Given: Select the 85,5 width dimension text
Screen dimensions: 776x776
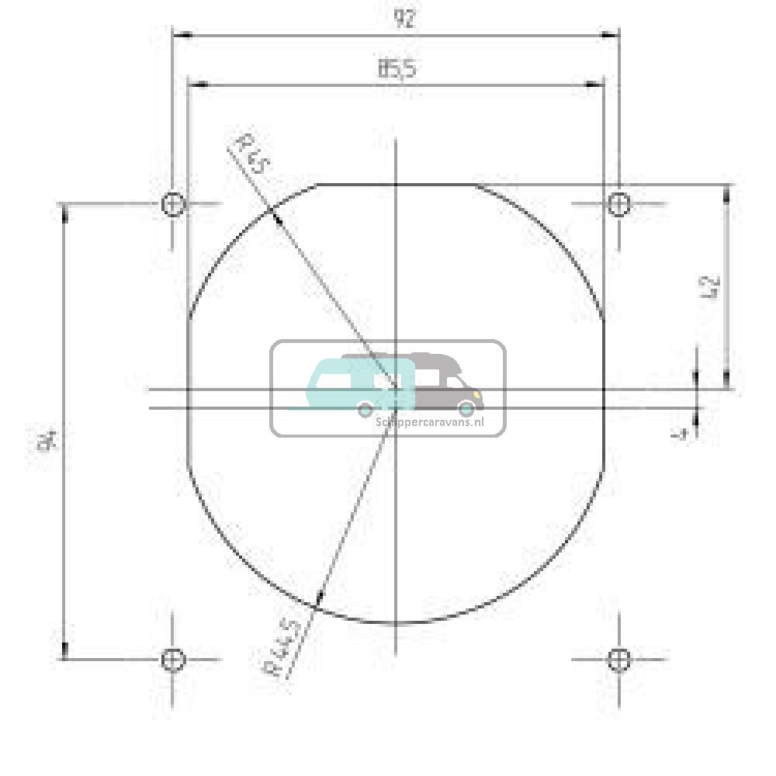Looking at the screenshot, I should click(x=397, y=68).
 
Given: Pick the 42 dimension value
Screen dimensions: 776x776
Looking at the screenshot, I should click(x=712, y=286).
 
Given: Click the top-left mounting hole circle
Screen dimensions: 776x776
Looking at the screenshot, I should click(x=172, y=205).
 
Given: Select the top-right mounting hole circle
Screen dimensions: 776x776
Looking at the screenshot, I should click(x=618, y=204).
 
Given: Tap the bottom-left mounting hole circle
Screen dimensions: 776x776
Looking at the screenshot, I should click(x=172, y=660).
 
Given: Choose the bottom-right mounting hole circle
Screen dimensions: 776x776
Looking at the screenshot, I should click(x=618, y=660).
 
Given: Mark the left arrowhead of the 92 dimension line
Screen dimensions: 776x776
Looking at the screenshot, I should click(x=179, y=35).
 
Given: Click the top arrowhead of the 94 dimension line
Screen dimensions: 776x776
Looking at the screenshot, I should click(x=64, y=210).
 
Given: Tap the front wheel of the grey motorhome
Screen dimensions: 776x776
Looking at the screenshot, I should click(x=466, y=408).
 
